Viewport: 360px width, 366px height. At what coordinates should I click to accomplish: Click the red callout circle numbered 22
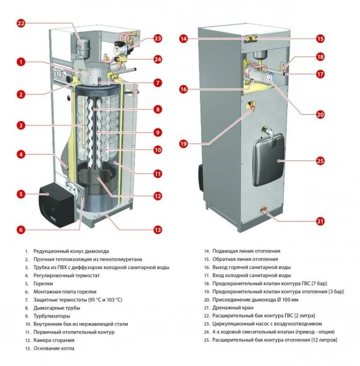point(21,24)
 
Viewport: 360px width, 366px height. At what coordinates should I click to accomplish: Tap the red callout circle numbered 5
point(21,194)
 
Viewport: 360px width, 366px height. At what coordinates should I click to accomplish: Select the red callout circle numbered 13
point(158,230)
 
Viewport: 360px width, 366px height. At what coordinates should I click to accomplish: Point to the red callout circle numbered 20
point(320,115)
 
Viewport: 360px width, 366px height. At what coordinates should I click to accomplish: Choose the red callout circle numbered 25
point(320,161)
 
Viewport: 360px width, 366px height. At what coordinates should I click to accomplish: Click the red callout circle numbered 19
point(183,144)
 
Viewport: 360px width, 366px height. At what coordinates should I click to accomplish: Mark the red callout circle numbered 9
point(158,133)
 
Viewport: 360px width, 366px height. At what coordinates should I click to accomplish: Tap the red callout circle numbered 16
point(183,89)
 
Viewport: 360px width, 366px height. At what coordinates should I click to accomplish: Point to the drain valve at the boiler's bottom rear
point(264,210)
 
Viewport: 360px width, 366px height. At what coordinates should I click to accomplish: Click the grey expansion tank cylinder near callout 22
point(83,48)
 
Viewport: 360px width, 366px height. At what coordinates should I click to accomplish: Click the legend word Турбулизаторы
point(52,316)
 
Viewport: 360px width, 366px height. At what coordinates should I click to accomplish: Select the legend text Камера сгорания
point(54,340)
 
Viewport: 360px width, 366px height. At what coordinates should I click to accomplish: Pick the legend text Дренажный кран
point(233,307)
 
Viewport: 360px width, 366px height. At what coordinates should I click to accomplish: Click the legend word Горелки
point(43,283)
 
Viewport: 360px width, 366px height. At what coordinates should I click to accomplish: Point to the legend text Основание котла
point(54,348)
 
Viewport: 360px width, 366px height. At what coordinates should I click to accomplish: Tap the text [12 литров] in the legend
point(324,340)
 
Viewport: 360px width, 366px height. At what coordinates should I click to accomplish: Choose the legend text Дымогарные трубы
point(57,308)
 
